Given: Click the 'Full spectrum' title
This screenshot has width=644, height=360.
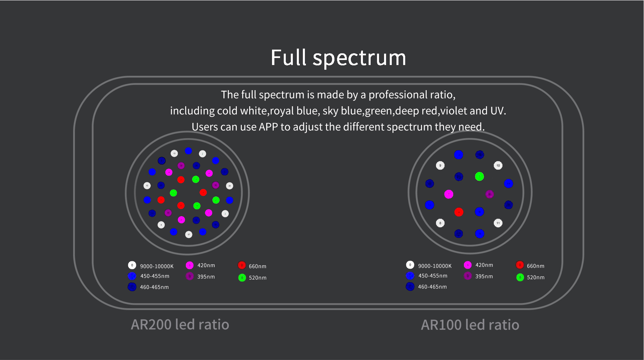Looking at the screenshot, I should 338,58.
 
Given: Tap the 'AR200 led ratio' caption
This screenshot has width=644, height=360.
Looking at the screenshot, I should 180,324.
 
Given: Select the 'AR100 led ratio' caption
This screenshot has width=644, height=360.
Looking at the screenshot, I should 470,325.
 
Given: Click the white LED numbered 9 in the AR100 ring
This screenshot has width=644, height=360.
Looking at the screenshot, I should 440,165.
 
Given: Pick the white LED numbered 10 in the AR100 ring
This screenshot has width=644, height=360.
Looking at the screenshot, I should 498,165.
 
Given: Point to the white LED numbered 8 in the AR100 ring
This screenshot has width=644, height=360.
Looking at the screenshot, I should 440,223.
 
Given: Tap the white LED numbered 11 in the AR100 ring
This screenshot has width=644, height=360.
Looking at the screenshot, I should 498,223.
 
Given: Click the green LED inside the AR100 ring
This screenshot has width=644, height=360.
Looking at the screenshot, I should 479,176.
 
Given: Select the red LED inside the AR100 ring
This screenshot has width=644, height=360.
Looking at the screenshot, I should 459,212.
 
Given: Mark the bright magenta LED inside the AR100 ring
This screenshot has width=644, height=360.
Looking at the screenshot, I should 448,194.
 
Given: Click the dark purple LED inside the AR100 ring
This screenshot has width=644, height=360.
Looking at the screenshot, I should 489,194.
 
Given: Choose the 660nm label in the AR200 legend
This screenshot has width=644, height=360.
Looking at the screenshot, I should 257,266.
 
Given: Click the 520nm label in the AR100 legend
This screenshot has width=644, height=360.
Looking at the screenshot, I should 535,277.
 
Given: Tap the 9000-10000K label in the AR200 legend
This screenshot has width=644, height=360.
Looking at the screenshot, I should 157,266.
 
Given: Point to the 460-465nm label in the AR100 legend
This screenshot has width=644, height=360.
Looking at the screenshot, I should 432,287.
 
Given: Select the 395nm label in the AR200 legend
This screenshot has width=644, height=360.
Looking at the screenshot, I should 206,277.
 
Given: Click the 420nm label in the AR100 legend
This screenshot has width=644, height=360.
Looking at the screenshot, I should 484,265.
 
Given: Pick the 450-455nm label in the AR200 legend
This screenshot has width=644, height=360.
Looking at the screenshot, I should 155,276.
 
